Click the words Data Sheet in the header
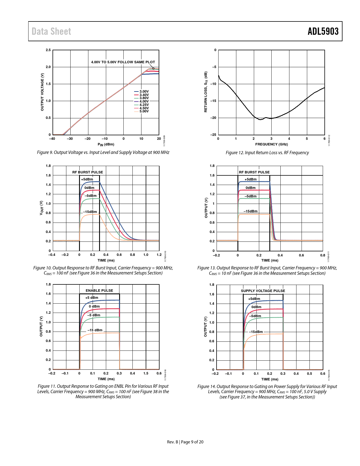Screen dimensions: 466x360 [51, 31]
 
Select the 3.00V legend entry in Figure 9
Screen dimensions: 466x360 [144, 92]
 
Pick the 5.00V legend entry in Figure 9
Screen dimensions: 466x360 [144, 111]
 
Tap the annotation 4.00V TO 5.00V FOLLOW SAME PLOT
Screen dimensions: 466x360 [123, 62]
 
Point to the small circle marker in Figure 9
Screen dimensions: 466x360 [153, 68]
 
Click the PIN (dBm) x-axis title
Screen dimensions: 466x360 [106, 144]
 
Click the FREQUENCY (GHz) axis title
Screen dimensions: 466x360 [271, 144]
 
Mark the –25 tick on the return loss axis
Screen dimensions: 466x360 [213, 135]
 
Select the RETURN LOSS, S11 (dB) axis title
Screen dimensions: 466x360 [206, 92]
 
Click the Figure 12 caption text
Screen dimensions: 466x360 [267, 153]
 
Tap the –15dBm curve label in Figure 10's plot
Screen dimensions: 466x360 [90, 212]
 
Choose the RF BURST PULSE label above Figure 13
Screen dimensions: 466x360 [254, 172]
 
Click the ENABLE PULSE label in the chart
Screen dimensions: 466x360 [99, 291]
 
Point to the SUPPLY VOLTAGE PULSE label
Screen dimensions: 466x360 [263, 291]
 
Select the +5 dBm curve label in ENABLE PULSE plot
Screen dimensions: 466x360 [92, 298]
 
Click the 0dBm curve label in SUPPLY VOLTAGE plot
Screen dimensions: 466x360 [256, 307]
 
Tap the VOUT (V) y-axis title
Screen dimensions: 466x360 [42, 208]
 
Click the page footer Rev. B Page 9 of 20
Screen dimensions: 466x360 [185, 442]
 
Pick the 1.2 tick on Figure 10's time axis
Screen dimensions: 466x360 [159, 255]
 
